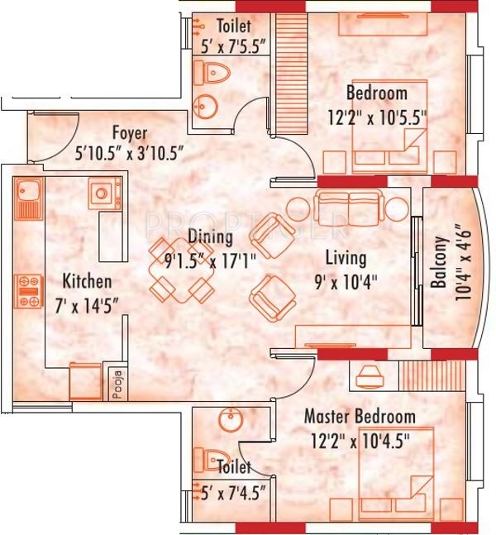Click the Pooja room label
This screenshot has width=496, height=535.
pyautogui.click(x=117, y=385)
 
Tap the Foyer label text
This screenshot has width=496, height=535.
pyautogui.click(x=130, y=133)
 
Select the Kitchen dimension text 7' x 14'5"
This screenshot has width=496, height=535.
pyautogui.click(x=87, y=305)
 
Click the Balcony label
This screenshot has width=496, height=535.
pyautogui.click(x=439, y=262)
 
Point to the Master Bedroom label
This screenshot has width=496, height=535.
pyautogui.click(x=360, y=417)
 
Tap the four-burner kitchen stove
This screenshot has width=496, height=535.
pyautogui.click(x=28, y=291)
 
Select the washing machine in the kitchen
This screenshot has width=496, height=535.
pyautogui.click(x=105, y=193)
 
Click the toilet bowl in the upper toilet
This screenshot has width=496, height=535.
pyautogui.click(x=212, y=73)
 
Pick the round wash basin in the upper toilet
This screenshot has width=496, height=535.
pyautogui.click(x=205, y=107)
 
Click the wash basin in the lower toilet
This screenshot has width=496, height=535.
pyautogui.click(x=231, y=420)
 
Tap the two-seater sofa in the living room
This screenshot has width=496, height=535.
pyautogui.click(x=348, y=208)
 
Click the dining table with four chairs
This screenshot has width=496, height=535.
pyautogui.click(x=181, y=270)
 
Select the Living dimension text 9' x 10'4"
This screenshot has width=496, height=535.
pyautogui.click(x=346, y=283)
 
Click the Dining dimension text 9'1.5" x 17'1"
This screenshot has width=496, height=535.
pyautogui.click(x=210, y=262)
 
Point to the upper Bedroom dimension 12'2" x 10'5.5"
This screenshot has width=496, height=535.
pyautogui.click(x=377, y=117)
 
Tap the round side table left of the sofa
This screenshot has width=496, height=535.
pyautogui.click(x=298, y=209)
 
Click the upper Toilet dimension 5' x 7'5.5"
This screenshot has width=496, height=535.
pyautogui.click(x=233, y=46)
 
